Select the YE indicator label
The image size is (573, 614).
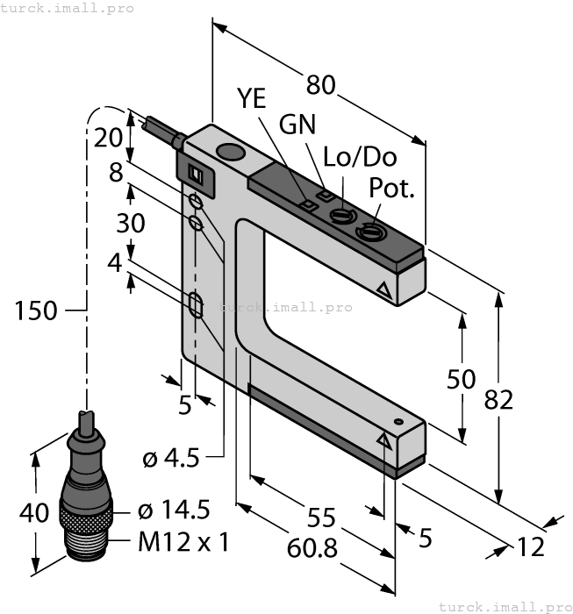252,98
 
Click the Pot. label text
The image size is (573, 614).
390,188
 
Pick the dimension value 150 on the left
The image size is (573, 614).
36,310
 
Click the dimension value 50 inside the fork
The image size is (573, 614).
462,379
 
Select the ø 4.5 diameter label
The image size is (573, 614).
171,458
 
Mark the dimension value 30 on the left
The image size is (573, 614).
131,224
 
